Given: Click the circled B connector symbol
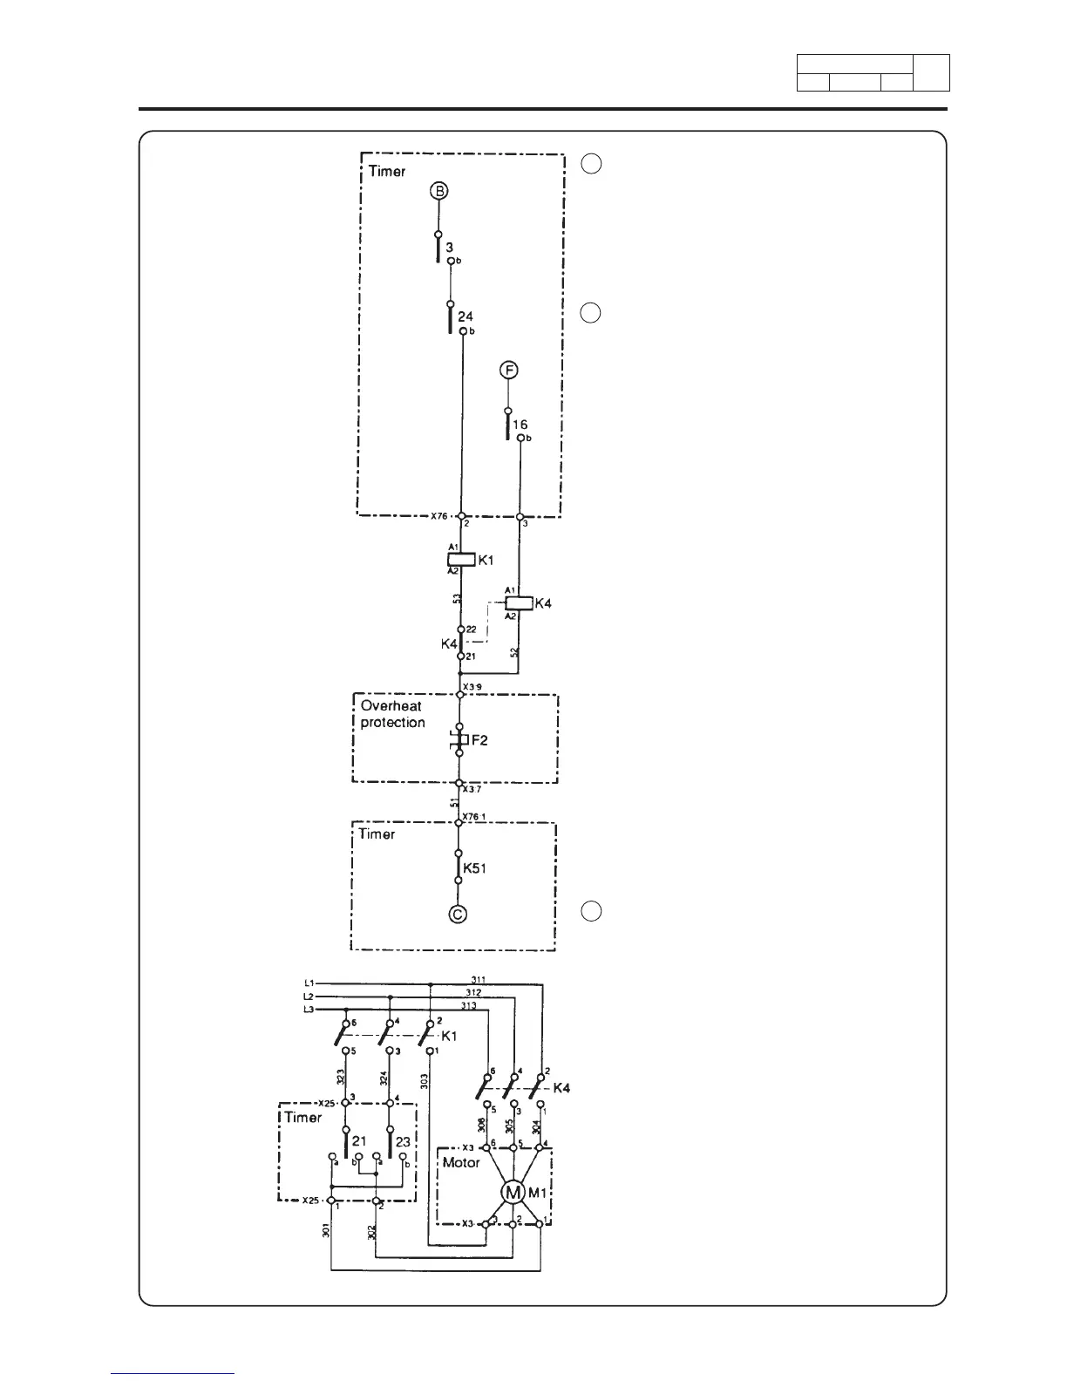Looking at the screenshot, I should point(438,191).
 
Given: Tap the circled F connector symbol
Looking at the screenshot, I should point(508,371).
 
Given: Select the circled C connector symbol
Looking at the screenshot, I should point(458,914).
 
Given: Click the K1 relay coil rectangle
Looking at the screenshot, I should point(461,559).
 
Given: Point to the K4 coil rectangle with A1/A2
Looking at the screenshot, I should point(519,602).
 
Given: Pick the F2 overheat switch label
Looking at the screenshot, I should point(479,740).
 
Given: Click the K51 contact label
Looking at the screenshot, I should point(474,868).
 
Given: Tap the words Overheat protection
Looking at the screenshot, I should point(393,714).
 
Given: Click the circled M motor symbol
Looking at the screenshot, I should point(513,1192).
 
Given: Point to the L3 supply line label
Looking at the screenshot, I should point(309,1010).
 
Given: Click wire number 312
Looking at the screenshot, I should point(472,992).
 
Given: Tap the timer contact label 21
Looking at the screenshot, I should point(359,1140).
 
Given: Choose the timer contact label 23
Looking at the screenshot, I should point(404,1140).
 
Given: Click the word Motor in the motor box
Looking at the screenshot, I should point(461,1162).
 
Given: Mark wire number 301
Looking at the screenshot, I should point(325,1232).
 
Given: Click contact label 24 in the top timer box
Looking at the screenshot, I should point(466,316).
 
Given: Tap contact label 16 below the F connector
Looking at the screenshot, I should point(520,425).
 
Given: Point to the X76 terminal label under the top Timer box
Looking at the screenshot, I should point(440,516).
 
